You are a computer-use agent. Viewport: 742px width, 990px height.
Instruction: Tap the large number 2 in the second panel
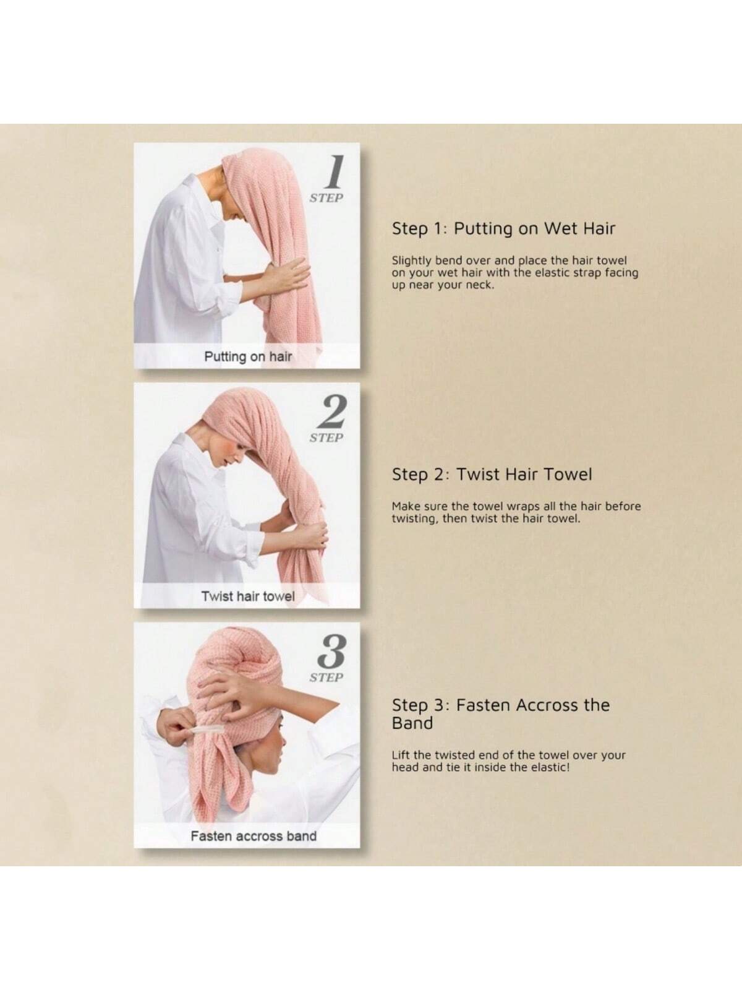331,412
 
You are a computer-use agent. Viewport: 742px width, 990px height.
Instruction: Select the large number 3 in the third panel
332,652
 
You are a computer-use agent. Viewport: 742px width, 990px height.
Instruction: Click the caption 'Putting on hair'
248,357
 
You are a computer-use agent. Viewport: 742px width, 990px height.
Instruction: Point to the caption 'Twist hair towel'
248,596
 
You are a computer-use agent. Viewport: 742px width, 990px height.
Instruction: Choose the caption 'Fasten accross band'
254,836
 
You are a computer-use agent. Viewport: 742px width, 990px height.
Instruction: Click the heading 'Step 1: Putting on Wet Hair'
503,229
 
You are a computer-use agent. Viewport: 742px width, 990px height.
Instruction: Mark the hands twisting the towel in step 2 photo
311,532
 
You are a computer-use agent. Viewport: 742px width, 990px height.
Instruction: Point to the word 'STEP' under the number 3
326,678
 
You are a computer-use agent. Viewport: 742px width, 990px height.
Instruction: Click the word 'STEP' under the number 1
326,198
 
